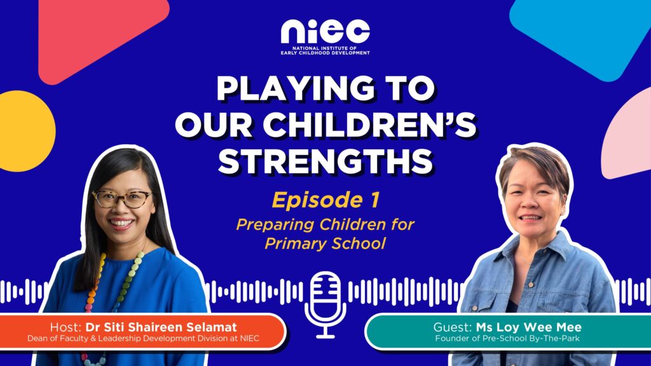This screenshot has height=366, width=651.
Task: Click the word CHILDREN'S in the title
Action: point(369,125)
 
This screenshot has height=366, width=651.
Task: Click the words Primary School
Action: point(325,243)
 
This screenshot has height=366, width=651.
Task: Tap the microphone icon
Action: point(325,304)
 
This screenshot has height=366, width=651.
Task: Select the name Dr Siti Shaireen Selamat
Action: point(161,327)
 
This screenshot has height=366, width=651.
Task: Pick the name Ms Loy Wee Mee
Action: point(528,327)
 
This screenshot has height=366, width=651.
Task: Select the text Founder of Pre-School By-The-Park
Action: point(507,339)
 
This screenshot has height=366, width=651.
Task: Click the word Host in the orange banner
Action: point(65,327)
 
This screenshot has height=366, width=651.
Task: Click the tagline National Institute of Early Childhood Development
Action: point(325,51)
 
